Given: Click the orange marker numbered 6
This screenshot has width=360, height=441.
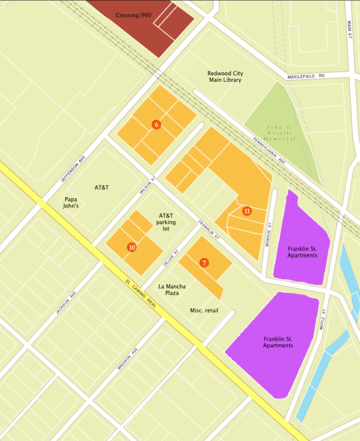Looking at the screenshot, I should tap(157, 125).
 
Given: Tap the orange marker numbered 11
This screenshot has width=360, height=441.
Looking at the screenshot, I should tap(247, 211).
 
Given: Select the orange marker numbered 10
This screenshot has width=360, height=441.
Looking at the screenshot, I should tap(131, 247).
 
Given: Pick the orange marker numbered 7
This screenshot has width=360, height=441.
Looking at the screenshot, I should tap(204, 262).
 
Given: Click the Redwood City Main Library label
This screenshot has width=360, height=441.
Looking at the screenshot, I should tap(224, 76).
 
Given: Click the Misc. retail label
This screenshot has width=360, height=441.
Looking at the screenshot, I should tap(204, 310).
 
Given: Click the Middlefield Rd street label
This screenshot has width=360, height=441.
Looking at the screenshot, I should tap(306, 76).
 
